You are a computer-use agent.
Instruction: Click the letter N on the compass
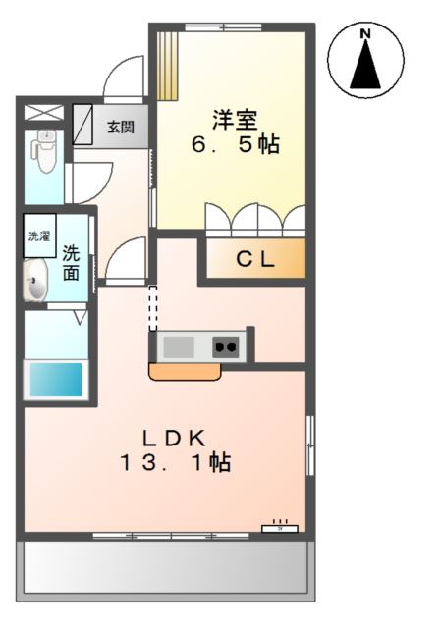coord(365,35)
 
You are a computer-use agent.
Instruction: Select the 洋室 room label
coord(235,120)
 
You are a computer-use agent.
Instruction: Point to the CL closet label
coord(254,260)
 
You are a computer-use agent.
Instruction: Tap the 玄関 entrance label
coord(122,127)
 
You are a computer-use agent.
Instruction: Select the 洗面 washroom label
coord(72,262)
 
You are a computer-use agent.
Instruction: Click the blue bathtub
coord(55,380)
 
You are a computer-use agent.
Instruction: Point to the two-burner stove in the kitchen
coord(227,346)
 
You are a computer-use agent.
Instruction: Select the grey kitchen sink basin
coord(179,346)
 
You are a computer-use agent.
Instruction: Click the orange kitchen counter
coord(184,371)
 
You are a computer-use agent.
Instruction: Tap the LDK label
coord(177,437)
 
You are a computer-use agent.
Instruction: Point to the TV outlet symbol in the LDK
coord(279,527)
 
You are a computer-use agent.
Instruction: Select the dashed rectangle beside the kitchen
coord(152,308)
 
